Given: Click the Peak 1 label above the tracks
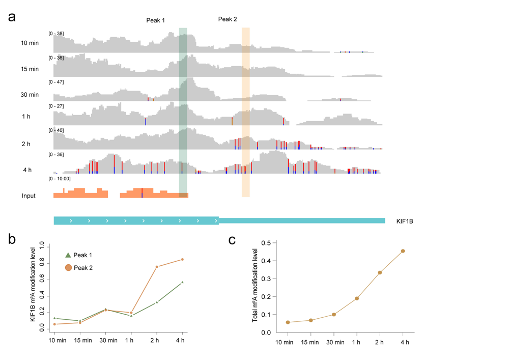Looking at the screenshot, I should coord(155,20).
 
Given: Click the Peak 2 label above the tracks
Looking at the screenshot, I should coord(228,19).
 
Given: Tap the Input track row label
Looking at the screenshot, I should coord(29,196).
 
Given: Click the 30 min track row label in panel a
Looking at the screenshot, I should coord(30,95).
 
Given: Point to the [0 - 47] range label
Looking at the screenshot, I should coord(56,82).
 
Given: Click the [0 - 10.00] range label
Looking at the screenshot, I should coord(60,179).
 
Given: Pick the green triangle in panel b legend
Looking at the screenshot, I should coord(68,255).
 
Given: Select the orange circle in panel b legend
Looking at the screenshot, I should coord(68,268).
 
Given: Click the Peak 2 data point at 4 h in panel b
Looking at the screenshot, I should coord(182,260).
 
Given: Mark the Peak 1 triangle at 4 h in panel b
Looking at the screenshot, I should coord(182,282).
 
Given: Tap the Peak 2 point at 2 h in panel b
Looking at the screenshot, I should coord(157,267).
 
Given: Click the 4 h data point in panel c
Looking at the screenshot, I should coord(403,251).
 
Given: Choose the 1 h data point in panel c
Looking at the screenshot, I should coord(357,298).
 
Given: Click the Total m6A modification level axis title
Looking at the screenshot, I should coord(256,288).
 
